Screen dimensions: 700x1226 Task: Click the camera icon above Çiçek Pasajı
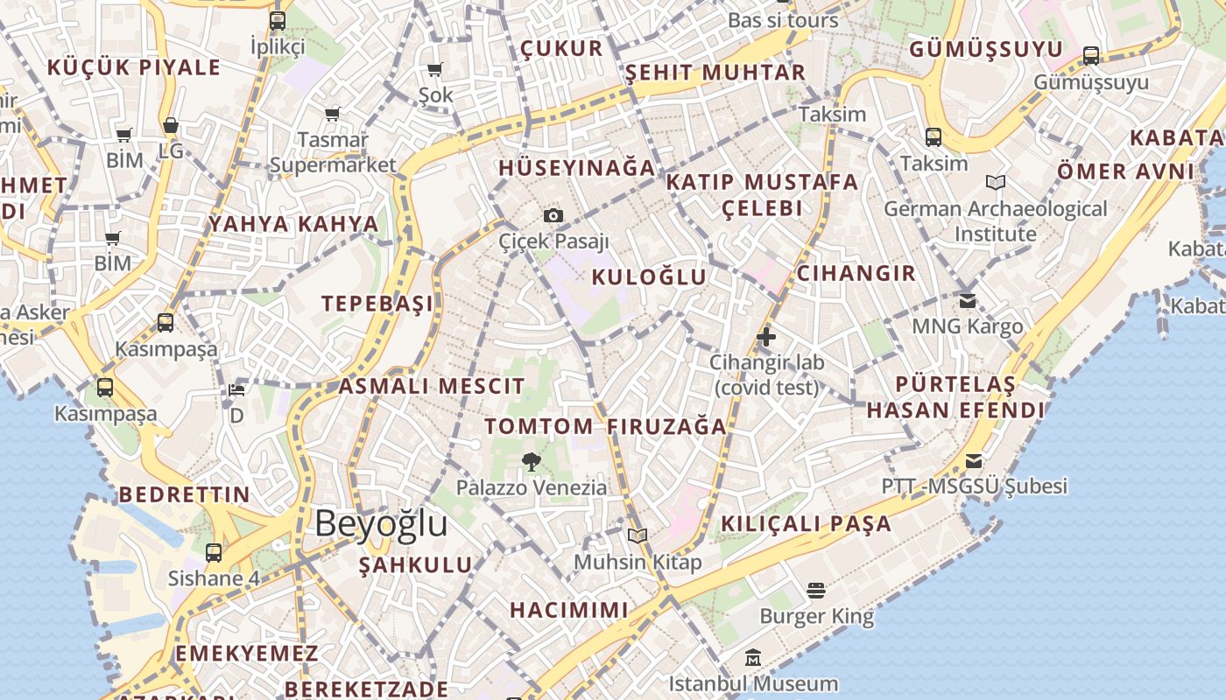tap(553, 215)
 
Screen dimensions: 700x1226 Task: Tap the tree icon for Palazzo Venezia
tap(531, 462)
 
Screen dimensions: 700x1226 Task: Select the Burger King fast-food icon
tap(816, 591)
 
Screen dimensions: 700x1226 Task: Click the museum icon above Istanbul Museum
tap(753, 657)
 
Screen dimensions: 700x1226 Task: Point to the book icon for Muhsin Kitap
tap(638, 535)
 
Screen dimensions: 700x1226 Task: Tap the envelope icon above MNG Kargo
tap(967, 301)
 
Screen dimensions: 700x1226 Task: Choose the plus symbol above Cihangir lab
tap(766, 336)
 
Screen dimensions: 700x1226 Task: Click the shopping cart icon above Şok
tap(435, 69)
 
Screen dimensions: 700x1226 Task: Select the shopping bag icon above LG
tap(171, 126)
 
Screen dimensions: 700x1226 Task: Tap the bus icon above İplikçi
tap(278, 21)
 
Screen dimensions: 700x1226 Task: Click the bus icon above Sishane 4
tap(214, 552)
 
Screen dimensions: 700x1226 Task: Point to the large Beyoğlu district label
tap(381, 523)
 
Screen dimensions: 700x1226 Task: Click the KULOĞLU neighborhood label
tap(649, 277)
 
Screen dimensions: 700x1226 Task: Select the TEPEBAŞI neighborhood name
tap(377, 304)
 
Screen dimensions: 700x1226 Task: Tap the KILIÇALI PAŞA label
tap(806, 524)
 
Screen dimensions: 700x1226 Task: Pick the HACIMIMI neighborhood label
tap(569, 610)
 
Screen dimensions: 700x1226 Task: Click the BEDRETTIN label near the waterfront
tap(185, 494)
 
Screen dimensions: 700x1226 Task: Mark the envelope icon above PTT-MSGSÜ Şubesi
tap(973, 461)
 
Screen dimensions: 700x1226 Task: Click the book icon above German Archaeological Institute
tap(995, 182)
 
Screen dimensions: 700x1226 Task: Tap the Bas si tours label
tap(783, 20)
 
